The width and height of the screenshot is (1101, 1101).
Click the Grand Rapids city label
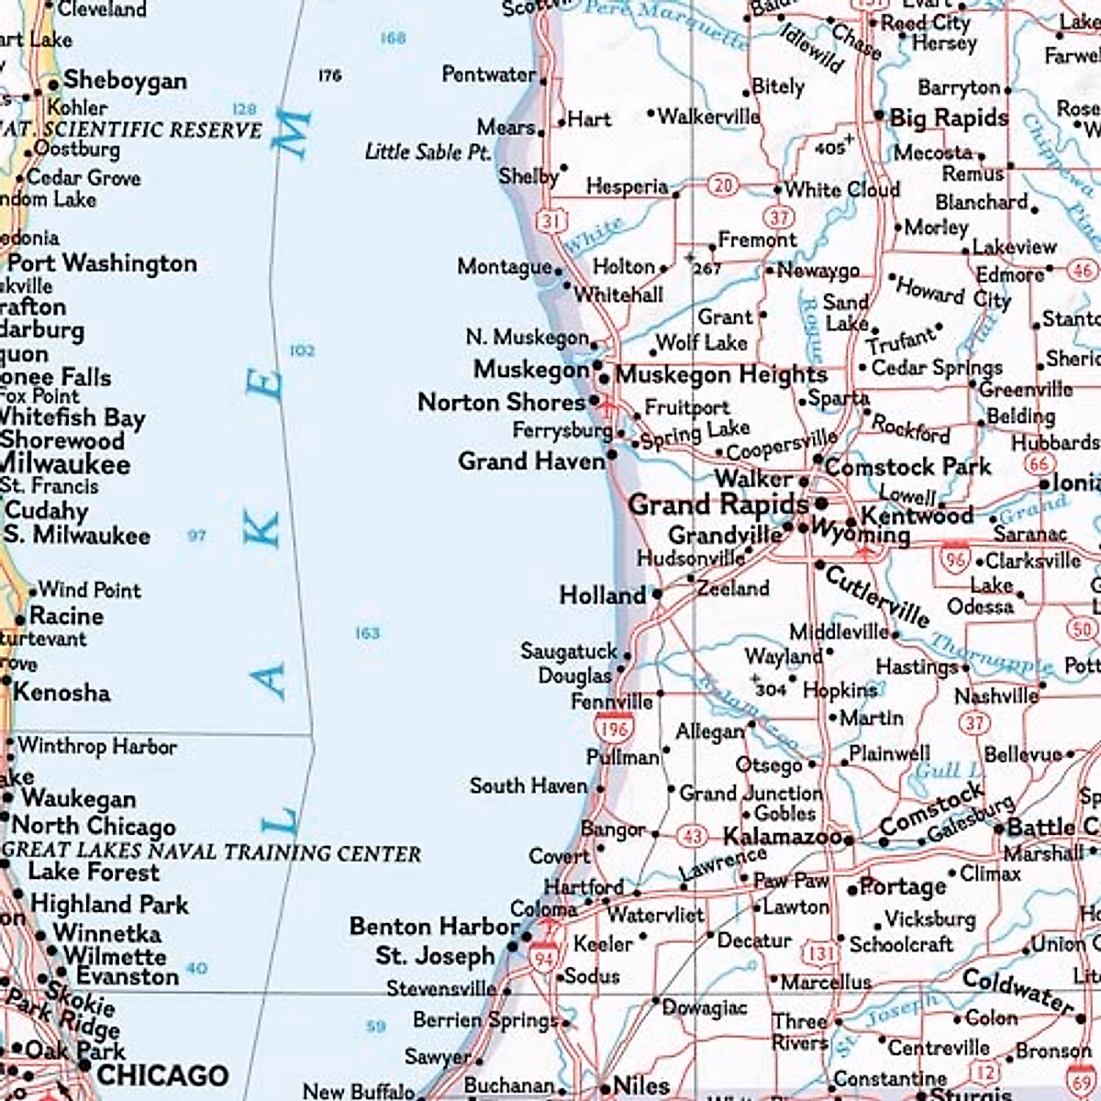coord(717,505)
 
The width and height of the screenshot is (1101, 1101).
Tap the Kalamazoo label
coord(783,837)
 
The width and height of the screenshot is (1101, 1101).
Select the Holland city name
coord(603,595)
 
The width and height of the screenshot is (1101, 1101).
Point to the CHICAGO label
coord(162,1075)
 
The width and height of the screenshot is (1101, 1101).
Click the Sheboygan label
coord(125,81)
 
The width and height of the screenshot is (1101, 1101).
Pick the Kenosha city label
coord(61,692)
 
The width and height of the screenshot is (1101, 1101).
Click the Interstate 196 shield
coord(614,728)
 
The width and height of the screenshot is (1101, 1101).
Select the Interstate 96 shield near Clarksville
coord(955,559)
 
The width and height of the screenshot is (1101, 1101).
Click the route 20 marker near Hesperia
coord(723,185)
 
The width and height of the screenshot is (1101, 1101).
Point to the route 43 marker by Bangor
coord(692,837)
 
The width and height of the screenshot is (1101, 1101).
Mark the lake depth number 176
coord(330,75)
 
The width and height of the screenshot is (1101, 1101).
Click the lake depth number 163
coord(367,633)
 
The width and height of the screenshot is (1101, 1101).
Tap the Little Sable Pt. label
coord(428,151)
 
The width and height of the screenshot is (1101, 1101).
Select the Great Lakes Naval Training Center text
coord(211,851)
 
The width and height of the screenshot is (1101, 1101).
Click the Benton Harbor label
coord(435,927)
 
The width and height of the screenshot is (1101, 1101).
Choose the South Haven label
coord(528,786)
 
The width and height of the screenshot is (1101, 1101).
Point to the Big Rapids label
coord(949,117)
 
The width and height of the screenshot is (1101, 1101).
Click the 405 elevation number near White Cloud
coord(829,148)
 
